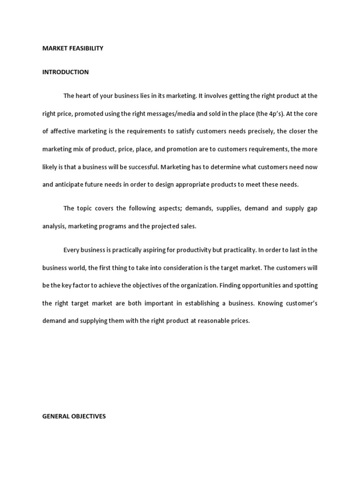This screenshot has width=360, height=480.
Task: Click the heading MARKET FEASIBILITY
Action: pyautogui.click(x=73, y=48)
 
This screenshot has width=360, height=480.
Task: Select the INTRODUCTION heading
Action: pyautogui.click(x=66, y=72)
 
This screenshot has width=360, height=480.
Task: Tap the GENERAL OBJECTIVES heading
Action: pyautogui.click(x=74, y=416)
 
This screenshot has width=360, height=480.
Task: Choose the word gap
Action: pyautogui.click(x=312, y=208)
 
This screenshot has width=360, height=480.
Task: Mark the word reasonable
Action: pyautogui.click(x=210, y=321)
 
